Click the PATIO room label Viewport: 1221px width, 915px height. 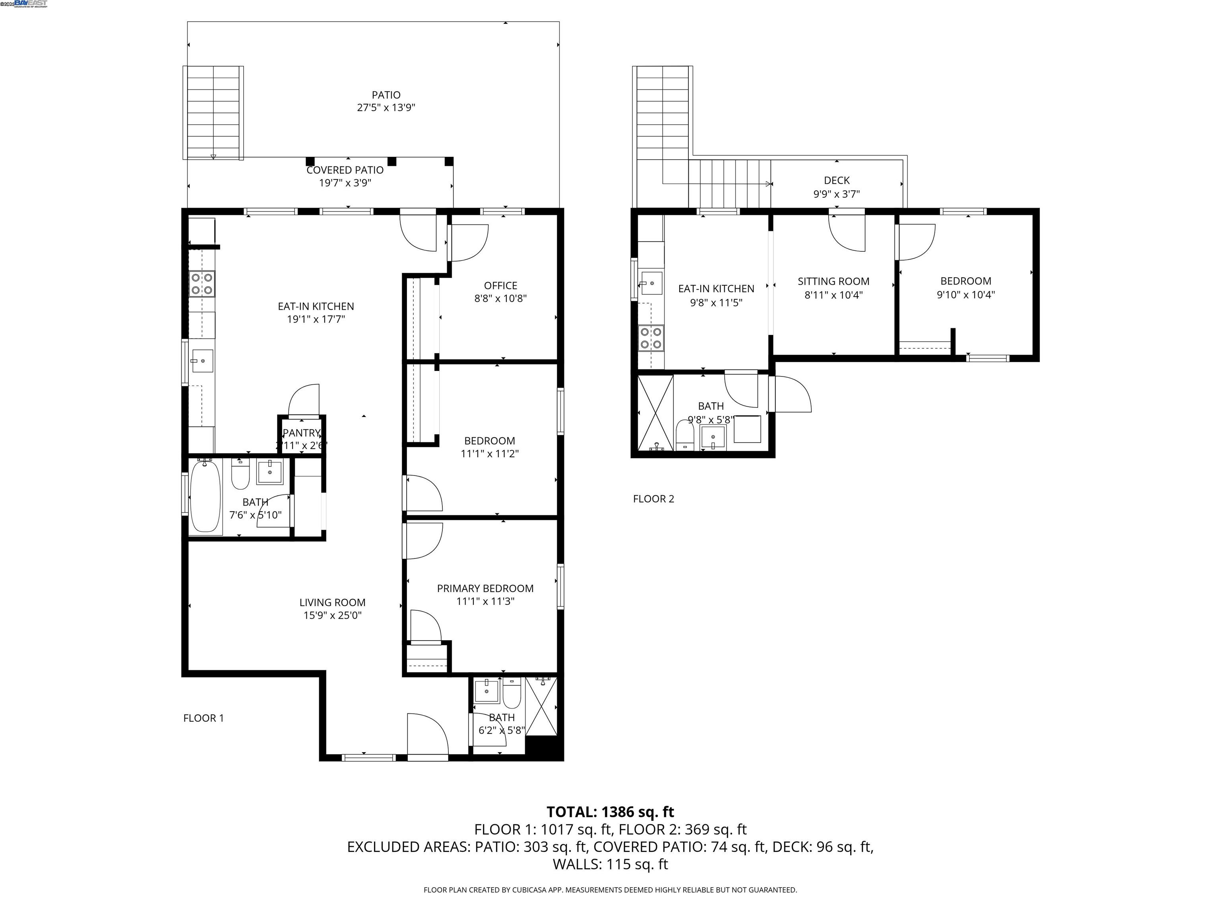click(386, 95)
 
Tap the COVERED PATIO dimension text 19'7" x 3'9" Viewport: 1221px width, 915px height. click(345, 183)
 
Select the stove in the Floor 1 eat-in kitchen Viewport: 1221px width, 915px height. click(202, 284)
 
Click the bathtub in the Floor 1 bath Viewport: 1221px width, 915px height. click(205, 496)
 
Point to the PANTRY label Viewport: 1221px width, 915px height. click(301, 433)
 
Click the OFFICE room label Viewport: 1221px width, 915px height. click(500, 286)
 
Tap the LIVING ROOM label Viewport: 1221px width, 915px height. click(332, 603)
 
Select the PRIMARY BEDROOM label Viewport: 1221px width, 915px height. click(485, 589)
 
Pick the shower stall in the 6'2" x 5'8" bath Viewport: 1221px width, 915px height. click(541, 706)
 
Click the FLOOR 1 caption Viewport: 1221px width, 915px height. click(203, 718)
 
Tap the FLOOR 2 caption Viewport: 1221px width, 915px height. click(653, 499)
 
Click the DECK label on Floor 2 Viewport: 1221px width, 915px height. click(836, 180)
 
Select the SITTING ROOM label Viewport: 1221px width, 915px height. click(833, 281)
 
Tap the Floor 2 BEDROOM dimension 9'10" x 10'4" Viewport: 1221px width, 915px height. click(965, 295)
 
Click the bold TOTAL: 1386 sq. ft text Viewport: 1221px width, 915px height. click(610, 812)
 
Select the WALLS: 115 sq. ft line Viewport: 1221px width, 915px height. click(610, 864)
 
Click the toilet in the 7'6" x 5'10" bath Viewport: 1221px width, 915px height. click(240, 475)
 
